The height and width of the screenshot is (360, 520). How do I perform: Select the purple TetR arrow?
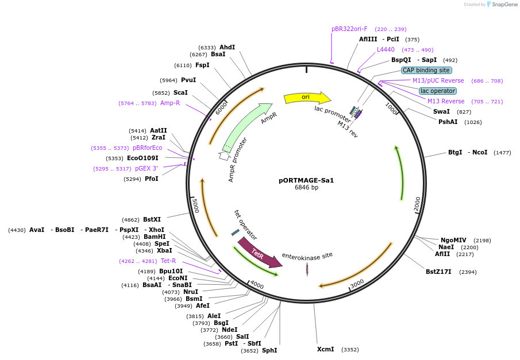(259, 253)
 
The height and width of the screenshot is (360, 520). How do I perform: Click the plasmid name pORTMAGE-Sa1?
(306, 180)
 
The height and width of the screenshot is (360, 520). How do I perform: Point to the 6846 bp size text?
(306, 188)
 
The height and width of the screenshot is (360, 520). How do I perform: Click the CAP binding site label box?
(426, 70)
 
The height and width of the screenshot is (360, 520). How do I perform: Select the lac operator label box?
(438, 91)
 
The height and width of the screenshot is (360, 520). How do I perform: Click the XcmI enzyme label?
(325, 349)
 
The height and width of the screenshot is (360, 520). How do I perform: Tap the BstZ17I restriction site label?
(438, 272)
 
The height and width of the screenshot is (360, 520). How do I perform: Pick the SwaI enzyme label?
(441, 111)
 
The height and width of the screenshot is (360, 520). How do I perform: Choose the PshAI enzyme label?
(448, 122)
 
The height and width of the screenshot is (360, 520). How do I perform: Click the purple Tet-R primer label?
(168, 261)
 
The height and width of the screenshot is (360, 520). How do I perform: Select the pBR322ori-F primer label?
(349, 29)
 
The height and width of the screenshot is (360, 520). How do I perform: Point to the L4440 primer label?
(386, 49)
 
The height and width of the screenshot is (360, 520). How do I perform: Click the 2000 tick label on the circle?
(418, 203)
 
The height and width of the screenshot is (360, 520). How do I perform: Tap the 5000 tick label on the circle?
(195, 205)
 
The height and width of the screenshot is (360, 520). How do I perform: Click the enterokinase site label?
(307, 256)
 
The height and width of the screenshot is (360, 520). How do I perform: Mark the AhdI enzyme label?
(228, 47)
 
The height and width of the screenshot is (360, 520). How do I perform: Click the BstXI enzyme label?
(152, 219)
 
